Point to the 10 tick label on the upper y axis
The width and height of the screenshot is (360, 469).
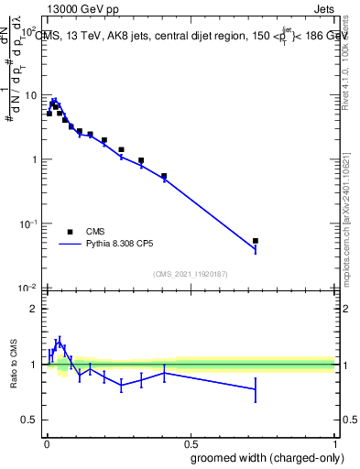click(30, 95)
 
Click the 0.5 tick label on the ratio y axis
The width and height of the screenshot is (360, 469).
click(30, 420)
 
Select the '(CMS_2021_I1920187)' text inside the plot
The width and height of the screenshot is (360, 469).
click(190, 273)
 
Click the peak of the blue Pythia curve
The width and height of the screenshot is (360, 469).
click(54, 101)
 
